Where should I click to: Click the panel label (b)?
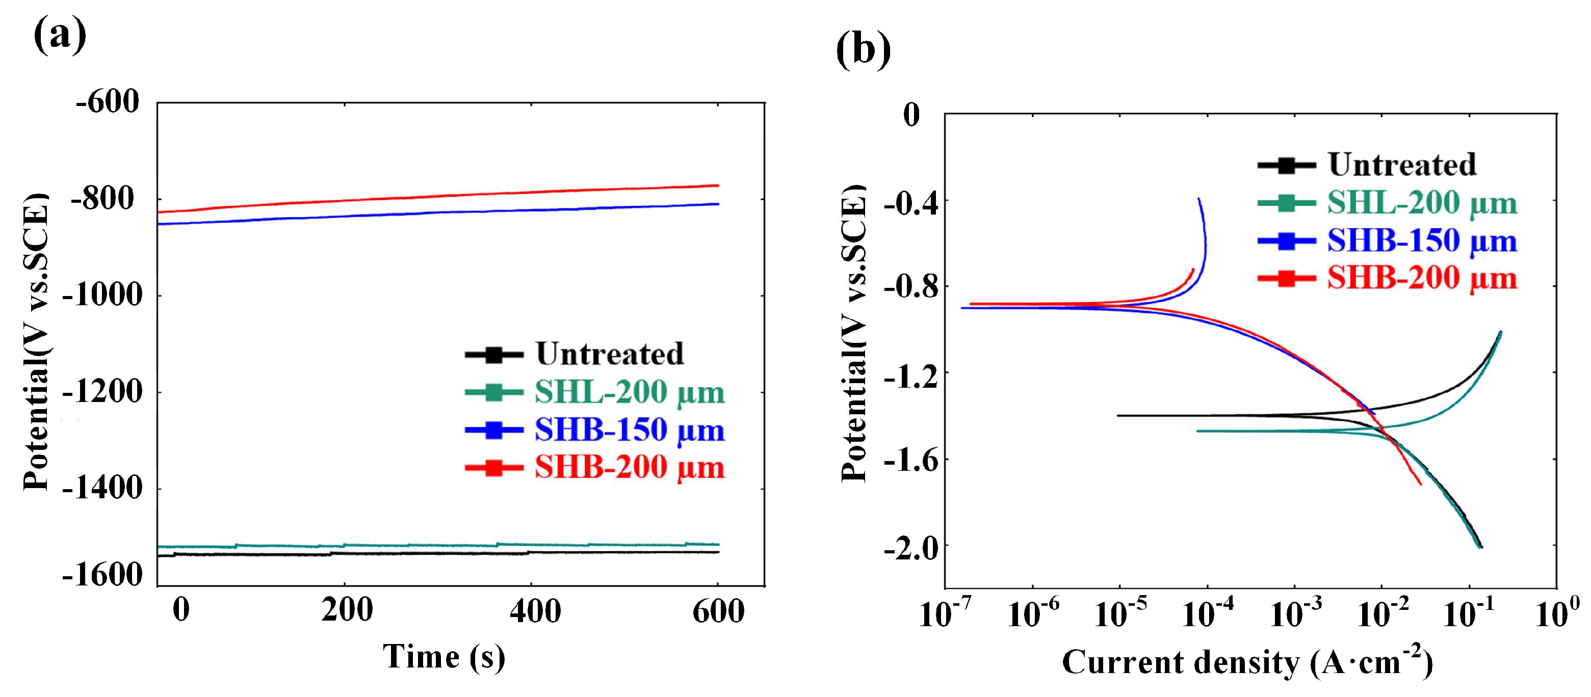point(863,49)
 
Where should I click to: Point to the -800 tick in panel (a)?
point(102,199)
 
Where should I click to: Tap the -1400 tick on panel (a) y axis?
point(102,488)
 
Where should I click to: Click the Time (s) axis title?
point(444,656)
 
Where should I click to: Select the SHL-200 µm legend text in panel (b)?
point(1422,203)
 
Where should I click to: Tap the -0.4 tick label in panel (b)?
point(911,202)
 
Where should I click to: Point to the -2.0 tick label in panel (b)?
point(911,547)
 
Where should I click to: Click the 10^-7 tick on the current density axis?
point(945,614)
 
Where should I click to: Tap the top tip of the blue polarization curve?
point(1199,199)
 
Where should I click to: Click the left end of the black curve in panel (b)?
point(1118,415)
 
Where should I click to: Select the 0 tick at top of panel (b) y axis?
point(911,115)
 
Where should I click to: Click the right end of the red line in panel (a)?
point(718,185)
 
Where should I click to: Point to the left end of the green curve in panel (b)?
point(1197,431)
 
